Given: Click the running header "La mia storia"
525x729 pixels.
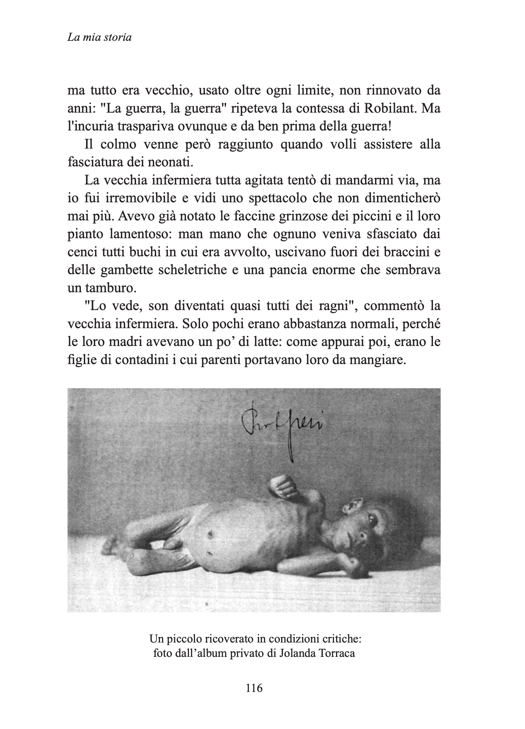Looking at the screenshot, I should tap(99, 38).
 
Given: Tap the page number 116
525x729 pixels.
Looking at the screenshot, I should tap(254, 688).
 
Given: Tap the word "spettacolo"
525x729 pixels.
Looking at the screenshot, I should tap(279, 198).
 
